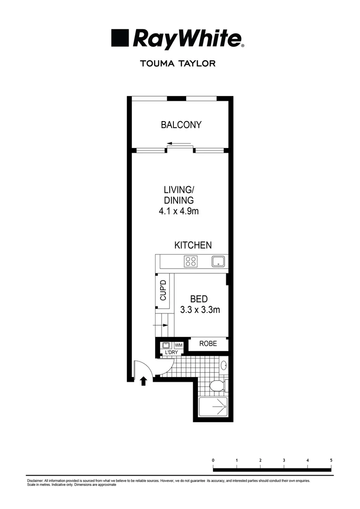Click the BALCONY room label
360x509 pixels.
tap(181, 125)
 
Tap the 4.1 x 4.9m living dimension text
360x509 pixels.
tap(179, 211)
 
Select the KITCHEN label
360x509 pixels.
tap(193, 245)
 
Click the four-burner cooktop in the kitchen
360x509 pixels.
tap(190, 262)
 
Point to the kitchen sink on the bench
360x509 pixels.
tap(218, 262)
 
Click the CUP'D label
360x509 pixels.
tap(164, 291)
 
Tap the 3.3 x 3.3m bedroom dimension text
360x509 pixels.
tap(200, 310)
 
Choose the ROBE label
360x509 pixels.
tap(208, 344)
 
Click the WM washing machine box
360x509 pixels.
tap(179, 345)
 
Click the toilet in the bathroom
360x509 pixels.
tap(218, 386)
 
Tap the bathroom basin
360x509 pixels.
tap(224, 365)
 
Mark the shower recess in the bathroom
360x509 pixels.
tap(213, 406)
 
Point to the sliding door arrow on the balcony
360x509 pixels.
tap(179, 144)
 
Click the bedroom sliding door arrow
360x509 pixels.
tap(161, 325)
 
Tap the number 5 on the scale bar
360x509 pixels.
tap(331, 460)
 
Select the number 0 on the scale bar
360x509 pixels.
tap(213, 460)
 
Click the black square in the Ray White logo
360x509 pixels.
tap(120, 38)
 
